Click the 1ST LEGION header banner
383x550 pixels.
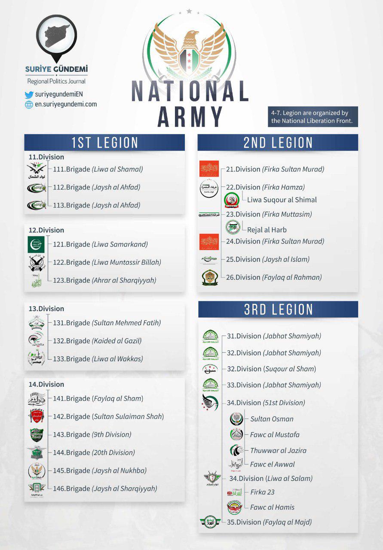coord(104,143)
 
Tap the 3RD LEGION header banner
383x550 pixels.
coord(278,309)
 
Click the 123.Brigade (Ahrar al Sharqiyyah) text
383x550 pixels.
coord(104,280)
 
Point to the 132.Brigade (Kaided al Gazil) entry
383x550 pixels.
coord(97,341)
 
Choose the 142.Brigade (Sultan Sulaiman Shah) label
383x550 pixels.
coord(108,416)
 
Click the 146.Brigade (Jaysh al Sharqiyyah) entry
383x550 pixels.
coord(105,489)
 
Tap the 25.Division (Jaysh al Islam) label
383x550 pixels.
coord(268,259)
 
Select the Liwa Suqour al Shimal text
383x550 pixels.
coord(282,200)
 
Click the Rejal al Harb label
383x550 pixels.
coord(267,230)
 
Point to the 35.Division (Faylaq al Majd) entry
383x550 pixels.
coord(269,522)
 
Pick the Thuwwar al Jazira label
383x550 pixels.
coord(278,450)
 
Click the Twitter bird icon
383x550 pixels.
coord(29,95)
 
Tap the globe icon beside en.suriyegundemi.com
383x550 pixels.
coord(29,104)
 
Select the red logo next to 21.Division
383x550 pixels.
coord(209,169)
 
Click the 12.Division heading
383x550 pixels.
coord(46,230)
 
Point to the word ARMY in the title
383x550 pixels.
coord(190,116)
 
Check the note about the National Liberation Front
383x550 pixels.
coord(313,117)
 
